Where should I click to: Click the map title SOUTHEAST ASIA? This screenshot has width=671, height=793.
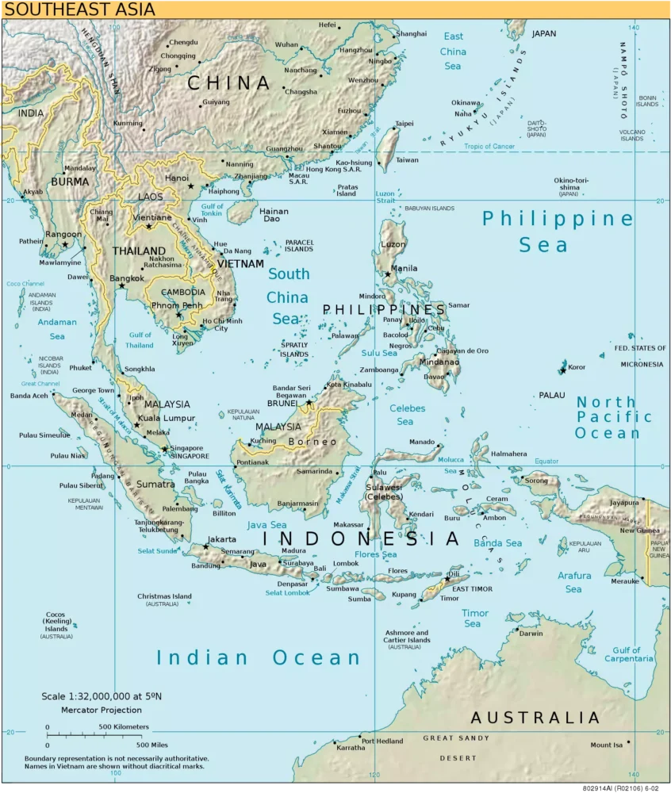pyautogui.click(x=78, y=10)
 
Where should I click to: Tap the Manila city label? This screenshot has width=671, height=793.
pyautogui.click(x=405, y=269)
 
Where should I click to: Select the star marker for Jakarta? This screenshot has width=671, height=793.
pyautogui.click(x=206, y=546)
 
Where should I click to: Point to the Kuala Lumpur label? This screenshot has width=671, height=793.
pyautogui.click(x=167, y=418)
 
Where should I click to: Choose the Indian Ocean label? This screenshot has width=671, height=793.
pyautogui.click(x=258, y=657)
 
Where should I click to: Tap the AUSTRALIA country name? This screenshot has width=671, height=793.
pyautogui.click(x=535, y=718)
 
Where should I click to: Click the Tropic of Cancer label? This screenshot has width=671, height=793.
pyautogui.click(x=489, y=147)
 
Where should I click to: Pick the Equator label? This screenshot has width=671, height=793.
pyautogui.click(x=546, y=461)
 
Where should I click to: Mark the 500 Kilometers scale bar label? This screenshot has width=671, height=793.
pyautogui.click(x=123, y=727)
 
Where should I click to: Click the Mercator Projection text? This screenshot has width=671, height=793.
pyautogui.click(x=102, y=710)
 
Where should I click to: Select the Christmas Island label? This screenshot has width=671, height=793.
pyautogui.click(x=164, y=596)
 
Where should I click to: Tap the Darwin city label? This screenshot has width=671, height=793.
pyautogui.click(x=531, y=634)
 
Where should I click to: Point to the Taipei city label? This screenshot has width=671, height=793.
pyautogui.click(x=405, y=124)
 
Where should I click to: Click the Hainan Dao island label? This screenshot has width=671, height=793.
pyautogui.click(x=274, y=215)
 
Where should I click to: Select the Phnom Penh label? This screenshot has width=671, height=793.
pyautogui.click(x=182, y=305)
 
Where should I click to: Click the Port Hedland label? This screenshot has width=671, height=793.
pyautogui.click(x=382, y=741)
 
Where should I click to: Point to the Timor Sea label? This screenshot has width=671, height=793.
pyautogui.click(x=475, y=618)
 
